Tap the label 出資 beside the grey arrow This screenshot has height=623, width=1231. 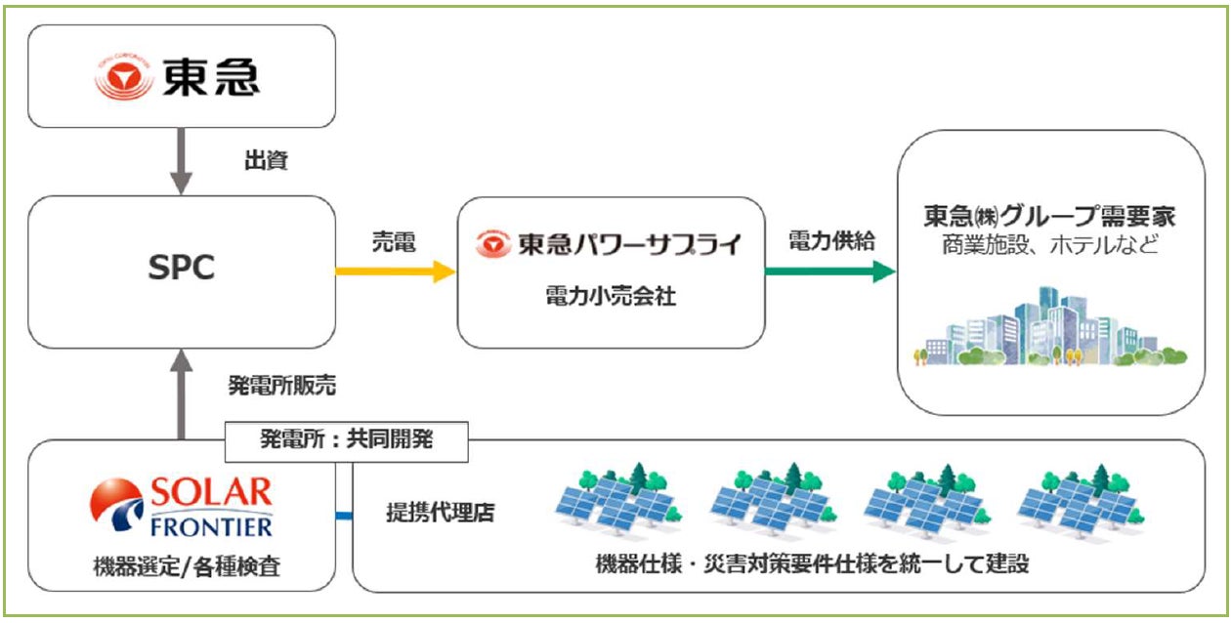(265, 161)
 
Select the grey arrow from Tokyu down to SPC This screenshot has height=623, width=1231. (180, 162)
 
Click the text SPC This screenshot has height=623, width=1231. (182, 271)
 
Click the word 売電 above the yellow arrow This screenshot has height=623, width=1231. (394, 242)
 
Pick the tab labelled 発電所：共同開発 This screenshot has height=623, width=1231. (346, 440)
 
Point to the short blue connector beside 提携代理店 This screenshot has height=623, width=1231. (344, 514)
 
